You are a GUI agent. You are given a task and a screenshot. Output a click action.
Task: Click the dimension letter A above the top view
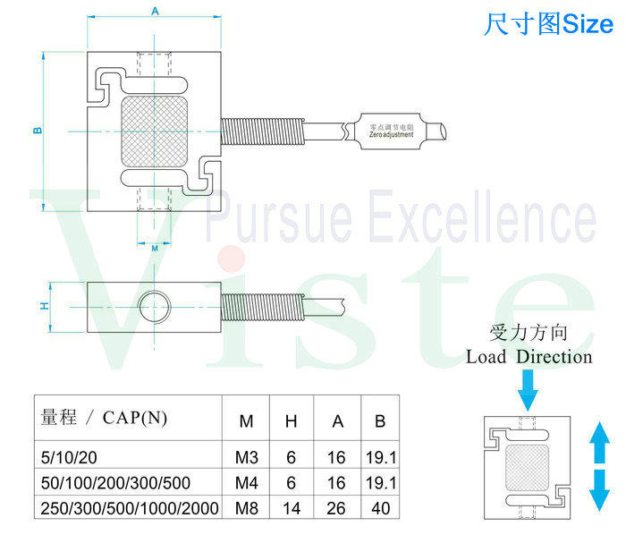pos(155,12)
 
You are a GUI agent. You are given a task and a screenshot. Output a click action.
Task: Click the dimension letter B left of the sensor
pos(38,132)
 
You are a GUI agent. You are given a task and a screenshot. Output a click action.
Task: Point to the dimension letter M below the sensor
pos(155,247)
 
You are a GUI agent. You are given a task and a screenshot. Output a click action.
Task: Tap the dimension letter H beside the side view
pos(43,306)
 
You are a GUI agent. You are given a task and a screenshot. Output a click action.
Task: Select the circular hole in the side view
pos(155,304)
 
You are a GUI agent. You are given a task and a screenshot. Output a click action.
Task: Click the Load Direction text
pos(529,357)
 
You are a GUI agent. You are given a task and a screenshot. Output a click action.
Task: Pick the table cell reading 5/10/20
pos(68,457)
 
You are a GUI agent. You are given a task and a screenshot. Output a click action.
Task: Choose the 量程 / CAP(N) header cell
pos(104,418)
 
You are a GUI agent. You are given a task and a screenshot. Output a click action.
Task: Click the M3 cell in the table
pos(247,457)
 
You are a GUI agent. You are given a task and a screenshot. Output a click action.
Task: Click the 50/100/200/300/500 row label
pos(115,482)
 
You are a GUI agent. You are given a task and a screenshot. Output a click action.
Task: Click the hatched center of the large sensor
pos(155,132)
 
